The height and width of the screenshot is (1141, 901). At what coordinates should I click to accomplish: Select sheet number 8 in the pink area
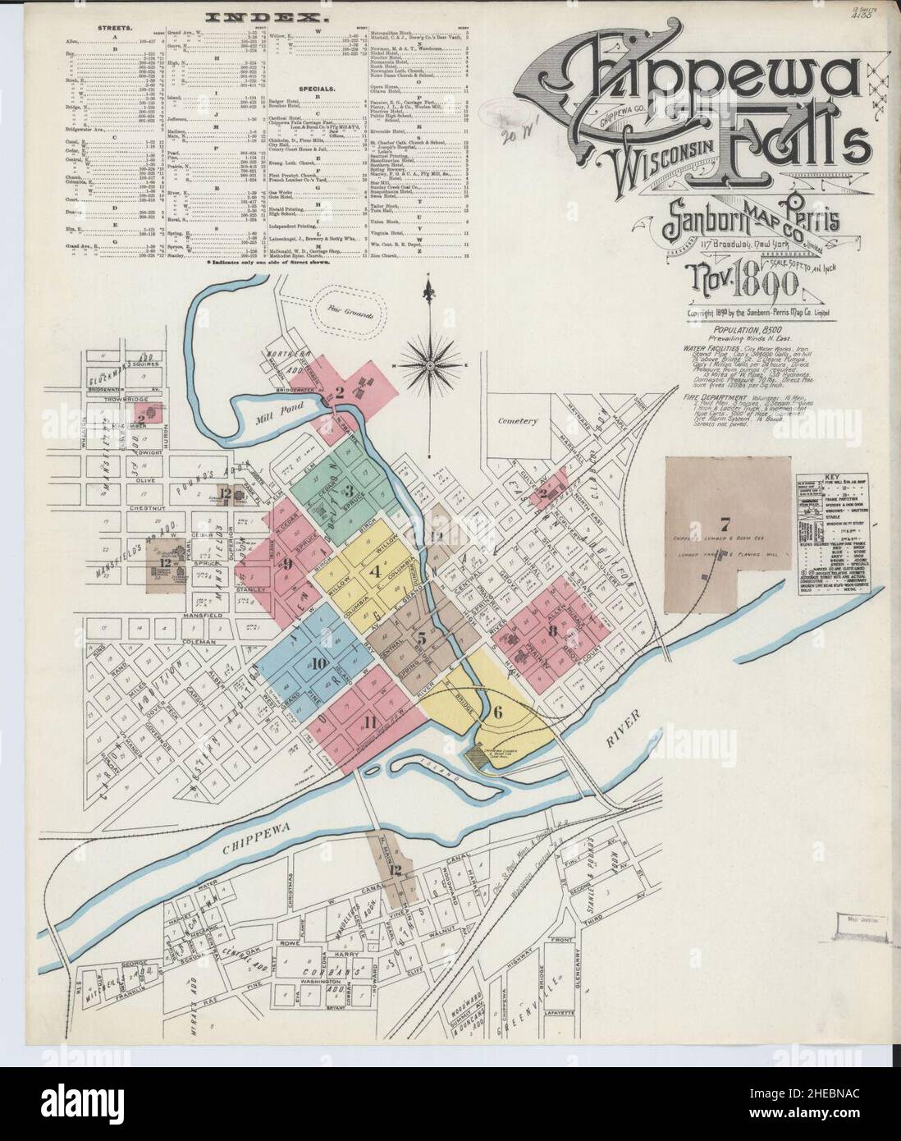click(x=553, y=630)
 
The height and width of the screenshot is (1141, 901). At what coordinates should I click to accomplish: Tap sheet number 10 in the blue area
click(x=318, y=662)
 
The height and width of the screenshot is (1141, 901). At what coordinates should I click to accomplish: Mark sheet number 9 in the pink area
click(x=288, y=562)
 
